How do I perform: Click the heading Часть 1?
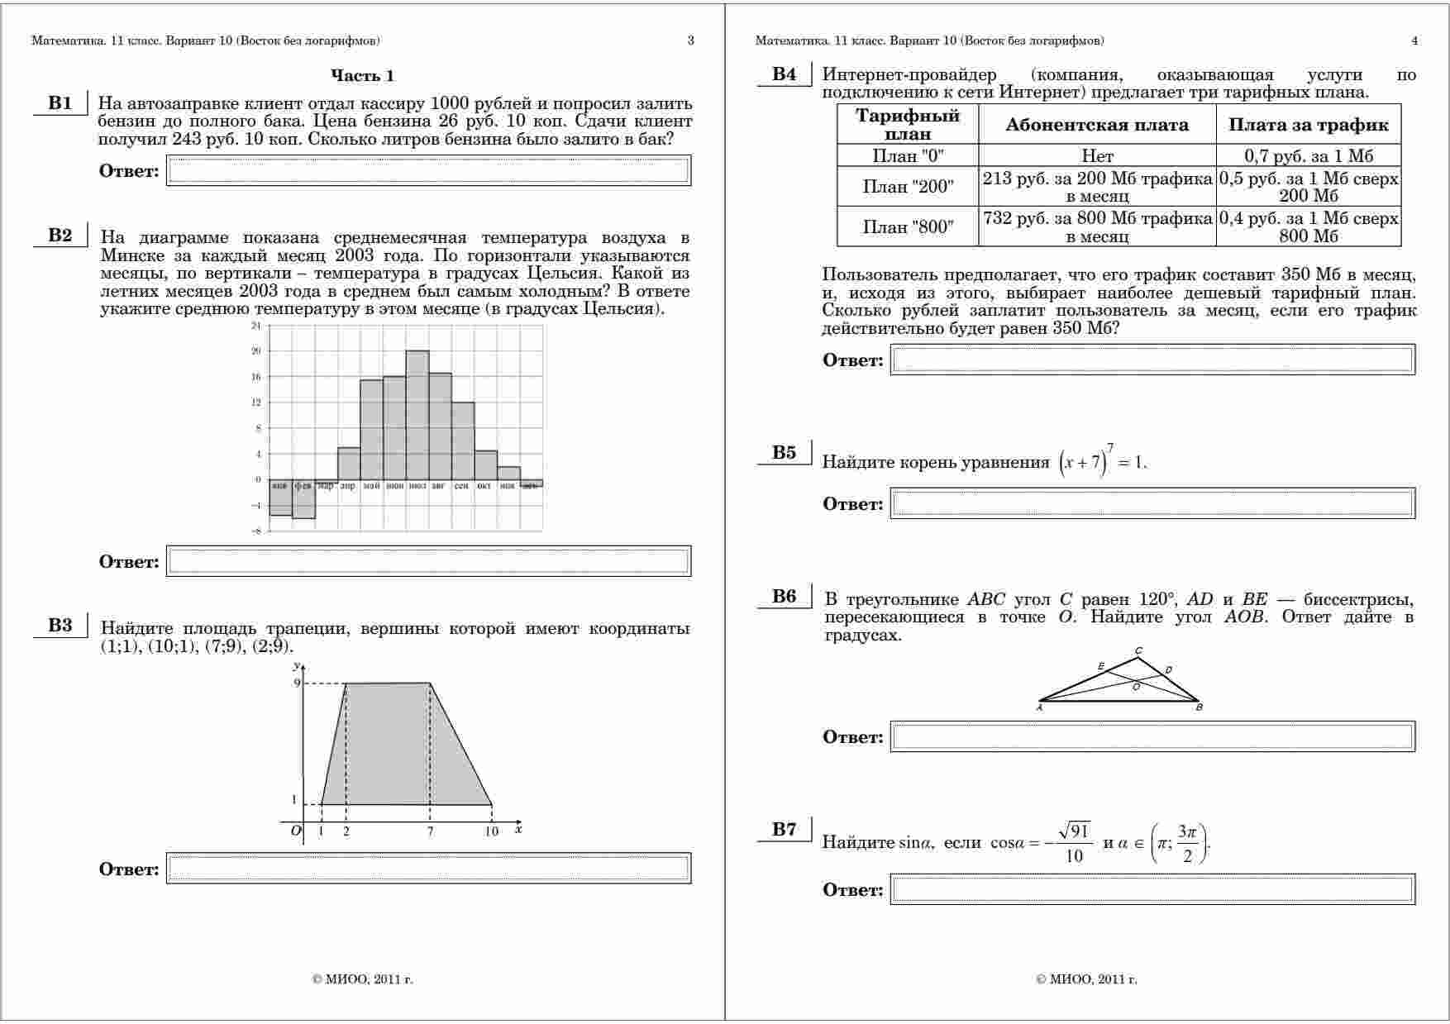coord(362,76)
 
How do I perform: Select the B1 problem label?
coord(60,103)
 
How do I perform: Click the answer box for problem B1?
coord(428,171)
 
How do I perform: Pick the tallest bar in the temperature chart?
coord(417,413)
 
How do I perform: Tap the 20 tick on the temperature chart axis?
coord(256,351)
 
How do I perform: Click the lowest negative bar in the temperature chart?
coord(303,499)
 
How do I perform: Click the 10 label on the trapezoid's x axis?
coord(492,831)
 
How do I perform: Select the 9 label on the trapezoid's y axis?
coord(297,683)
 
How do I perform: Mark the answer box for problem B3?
coord(428,868)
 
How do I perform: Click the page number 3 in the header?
coord(691,40)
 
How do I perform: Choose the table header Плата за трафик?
coord(1308,125)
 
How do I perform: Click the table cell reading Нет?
coord(1097,155)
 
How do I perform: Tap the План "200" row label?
coord(908,187)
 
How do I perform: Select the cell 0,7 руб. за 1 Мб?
coord(1308,155)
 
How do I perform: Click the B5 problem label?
coord(784,452)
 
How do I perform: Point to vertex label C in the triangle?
coord(1138,650)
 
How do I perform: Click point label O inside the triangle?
coord(1136,686)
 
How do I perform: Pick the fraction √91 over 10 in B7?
coord(1074,842)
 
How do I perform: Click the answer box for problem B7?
coord(1152,889)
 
